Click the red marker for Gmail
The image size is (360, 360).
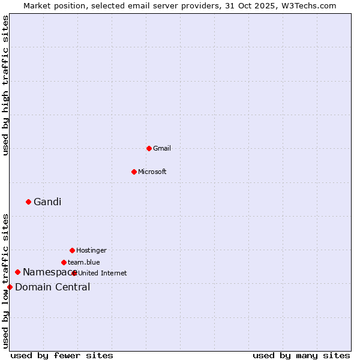pyautogui.click(x=149, y=148)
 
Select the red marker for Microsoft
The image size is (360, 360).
pyautogui.click(x=134, y=172)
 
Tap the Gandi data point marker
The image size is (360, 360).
pyautogui.click(x=28, y=202)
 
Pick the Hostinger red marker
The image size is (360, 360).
pyautogui.click(x=72, y=250)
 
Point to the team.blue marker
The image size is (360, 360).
pyautogui.click(x=64, y=262)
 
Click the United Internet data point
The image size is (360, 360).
pyautogui.click(x=74, y=273)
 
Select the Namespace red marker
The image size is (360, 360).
pyautogui.click(x=17, y=272)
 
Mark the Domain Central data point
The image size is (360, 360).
pyautogui.click(x=10, y=287)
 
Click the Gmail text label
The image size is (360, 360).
pyautogui.click(x=162, y=148)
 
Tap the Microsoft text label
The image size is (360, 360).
pyautogui.click(x=152, y=172)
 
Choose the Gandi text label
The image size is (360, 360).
pyautogui.click(x=47, y=202)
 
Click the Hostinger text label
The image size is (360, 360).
pyautogui.click(x=91, y=250)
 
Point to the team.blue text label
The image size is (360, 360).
pyautogui.click(x=84, y=262)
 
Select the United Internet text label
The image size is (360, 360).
pyautogui.click(x=103, y=273)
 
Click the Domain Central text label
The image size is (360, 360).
pyautogui.click(x=53, y=287)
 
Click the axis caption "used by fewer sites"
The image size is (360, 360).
pyautogui.click(x=62, y=355)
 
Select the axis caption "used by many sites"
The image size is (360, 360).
pyautogui.click(x=301, y=355)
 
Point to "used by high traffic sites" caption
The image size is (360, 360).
pyautogui.click(x=5, y=85)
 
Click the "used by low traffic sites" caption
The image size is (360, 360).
pyautogui.click(x=5, y=280)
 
